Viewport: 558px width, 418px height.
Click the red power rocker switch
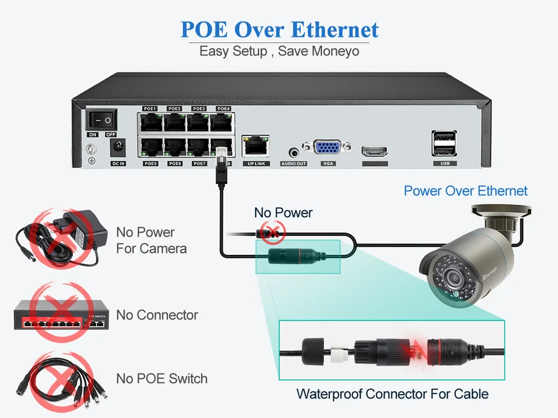tap(102, 120)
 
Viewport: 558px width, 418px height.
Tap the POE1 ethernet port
tap(150, 122)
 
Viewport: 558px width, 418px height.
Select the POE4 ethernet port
tap(223, 122)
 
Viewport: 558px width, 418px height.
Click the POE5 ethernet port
tap(150, 147)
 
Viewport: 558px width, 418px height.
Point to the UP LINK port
tap(255, 146)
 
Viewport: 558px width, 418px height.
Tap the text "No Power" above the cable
tap(283, 213)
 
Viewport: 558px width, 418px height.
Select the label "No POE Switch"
tap(162, 379)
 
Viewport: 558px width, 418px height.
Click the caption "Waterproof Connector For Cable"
tap(392, 393)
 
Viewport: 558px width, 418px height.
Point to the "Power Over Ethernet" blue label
tap(465, 191)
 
